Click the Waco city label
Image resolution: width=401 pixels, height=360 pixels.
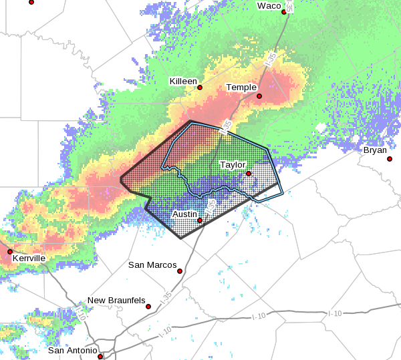tap(269, 6)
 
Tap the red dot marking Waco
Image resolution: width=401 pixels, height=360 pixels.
tap(284, 12)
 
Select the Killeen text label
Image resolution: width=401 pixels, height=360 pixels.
tap(183, 81)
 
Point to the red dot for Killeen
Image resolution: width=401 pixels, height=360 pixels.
tap(199, 87)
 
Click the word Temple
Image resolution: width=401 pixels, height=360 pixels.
tap(241, 87)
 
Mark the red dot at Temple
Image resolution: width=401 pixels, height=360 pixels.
tap(259, 96)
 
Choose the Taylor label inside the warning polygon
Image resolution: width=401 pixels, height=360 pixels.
tap(233, 164)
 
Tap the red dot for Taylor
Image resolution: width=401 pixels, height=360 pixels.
tap(248, 174)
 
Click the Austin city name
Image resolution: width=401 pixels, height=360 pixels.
tap(184, 214)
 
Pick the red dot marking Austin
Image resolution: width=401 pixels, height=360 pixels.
tap(199, 220)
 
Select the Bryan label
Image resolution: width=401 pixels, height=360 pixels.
tap(375, 150)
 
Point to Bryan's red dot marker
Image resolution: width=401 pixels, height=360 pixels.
tap(390, 159)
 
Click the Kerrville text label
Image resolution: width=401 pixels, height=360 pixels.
tap(28, 258)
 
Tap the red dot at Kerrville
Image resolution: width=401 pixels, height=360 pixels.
tap(10, 252)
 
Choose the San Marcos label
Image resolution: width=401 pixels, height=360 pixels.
tap(152, 265)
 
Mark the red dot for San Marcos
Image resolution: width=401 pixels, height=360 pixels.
tap(180, 271)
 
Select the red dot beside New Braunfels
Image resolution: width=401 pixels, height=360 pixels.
tap(148, 307)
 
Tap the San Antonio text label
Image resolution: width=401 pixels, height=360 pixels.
tap(73, 351)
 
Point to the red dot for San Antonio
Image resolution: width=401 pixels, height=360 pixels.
tap(100, 357)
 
